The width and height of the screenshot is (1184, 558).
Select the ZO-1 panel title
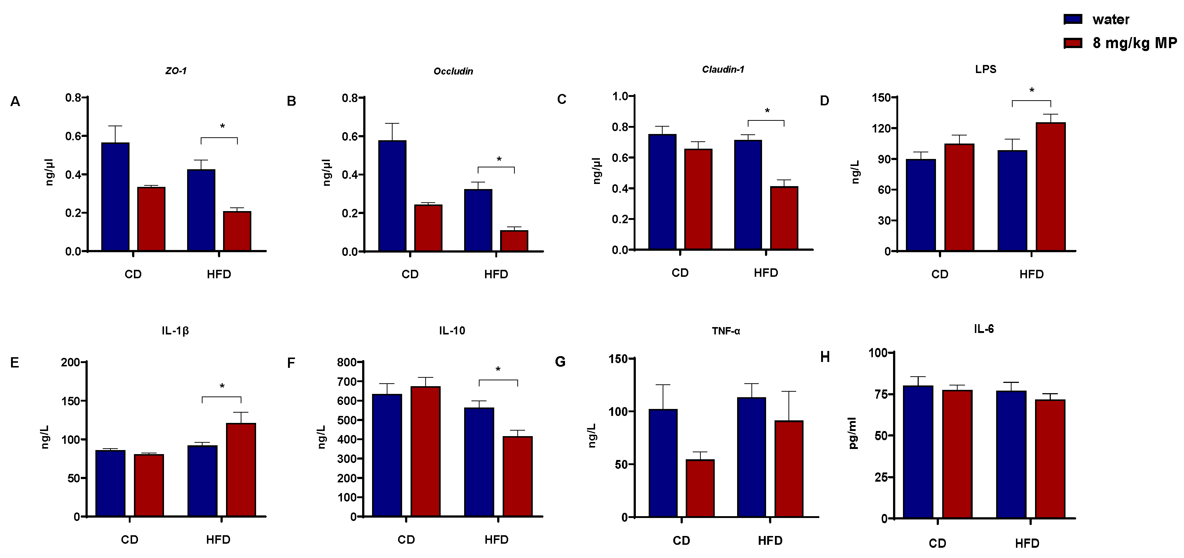pos(176,71)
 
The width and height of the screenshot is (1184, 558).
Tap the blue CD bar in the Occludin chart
pos(392,196)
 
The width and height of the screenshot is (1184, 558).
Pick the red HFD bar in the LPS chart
pos(1051,186)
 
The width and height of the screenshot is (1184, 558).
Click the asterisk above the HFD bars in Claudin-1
pos(767,111)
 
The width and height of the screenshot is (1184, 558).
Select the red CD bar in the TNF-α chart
pos(700,488)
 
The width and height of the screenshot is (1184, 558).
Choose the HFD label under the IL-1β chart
pos(218,539)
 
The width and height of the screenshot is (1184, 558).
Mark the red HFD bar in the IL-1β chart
pos(241,469)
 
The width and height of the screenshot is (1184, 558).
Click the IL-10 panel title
pos(452,330)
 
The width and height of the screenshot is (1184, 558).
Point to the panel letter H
pos(825,357)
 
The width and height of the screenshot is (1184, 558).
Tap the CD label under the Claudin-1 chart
pos(680,273)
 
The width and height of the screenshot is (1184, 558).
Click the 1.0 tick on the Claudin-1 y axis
pos(620,96)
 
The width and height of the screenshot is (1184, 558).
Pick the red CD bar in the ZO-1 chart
pos(151,218)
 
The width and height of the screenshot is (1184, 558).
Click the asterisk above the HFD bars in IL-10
pos(498,369)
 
